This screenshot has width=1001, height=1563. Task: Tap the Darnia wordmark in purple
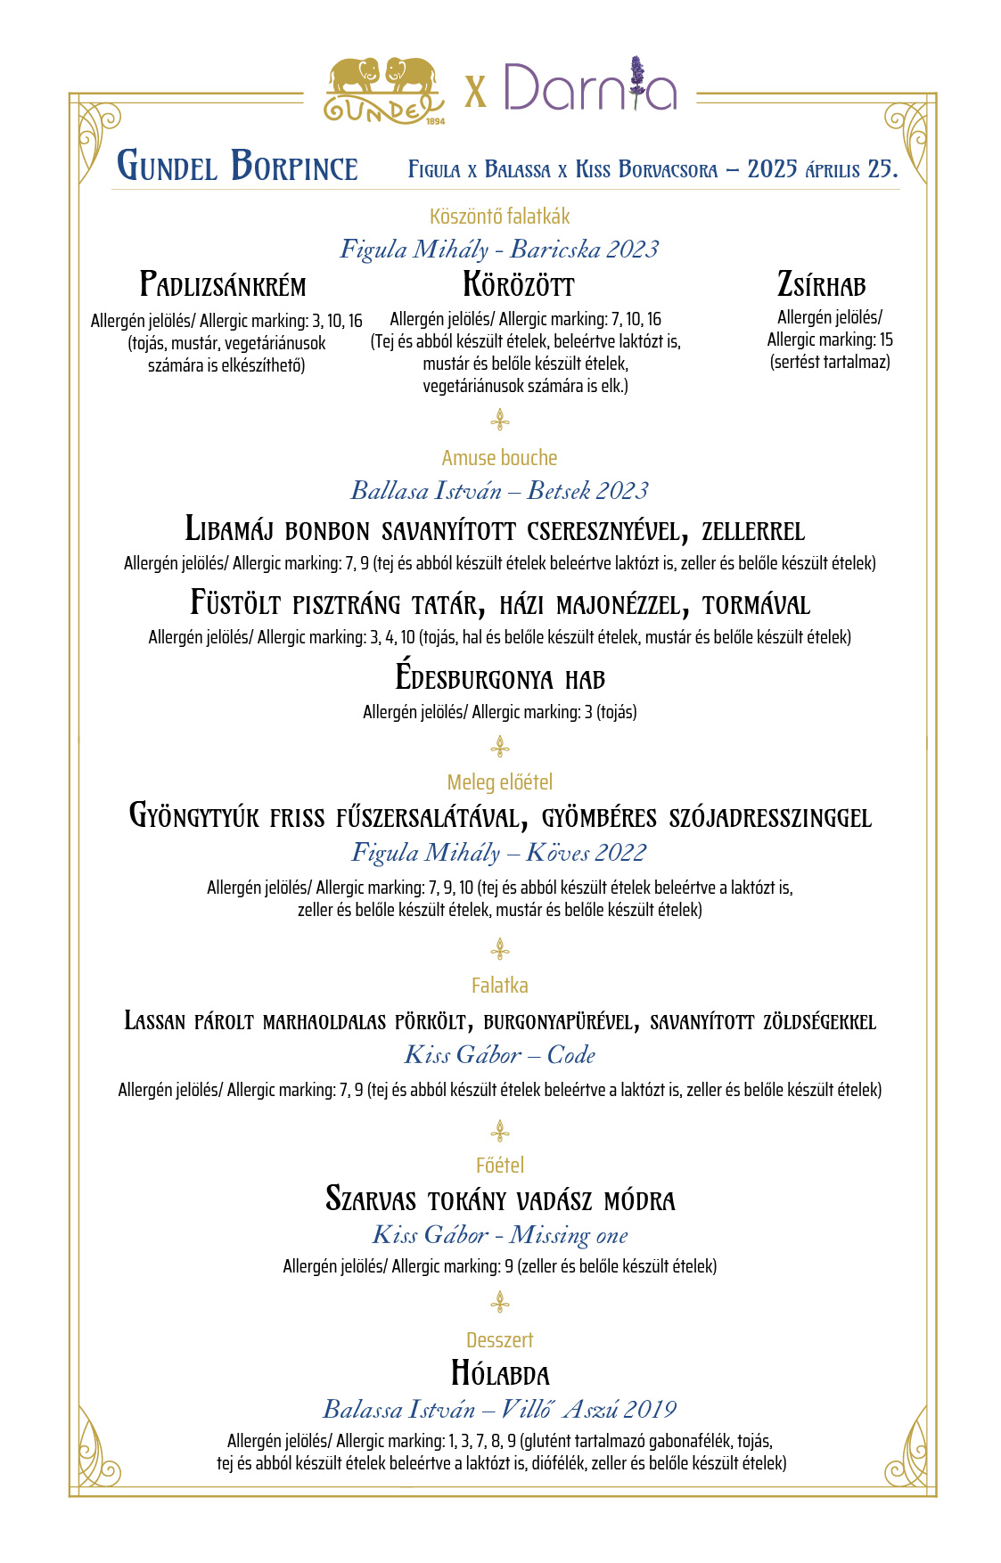(x=589, y=87)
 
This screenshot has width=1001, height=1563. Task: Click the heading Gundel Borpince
(x=237, y=167)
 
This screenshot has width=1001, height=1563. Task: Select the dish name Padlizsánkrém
(x=223, y=285)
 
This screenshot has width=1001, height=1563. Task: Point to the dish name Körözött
(x=518, y=285)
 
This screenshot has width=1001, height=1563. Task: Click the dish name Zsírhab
(x=821, y=285)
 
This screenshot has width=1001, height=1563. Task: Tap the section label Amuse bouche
(x=499, y=458)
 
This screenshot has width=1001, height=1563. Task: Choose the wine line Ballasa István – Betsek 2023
(x=499, y=490)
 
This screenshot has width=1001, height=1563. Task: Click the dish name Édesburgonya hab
(x=500, y=678)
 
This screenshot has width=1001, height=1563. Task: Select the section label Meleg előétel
(x=499, y=782)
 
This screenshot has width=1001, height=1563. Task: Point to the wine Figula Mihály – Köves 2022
(x=499, y=853)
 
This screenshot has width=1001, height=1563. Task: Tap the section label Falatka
(x=499, y=986)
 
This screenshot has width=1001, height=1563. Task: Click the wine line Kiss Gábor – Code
(x=499, y=1055)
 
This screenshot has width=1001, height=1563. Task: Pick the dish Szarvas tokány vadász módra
(x=500, y=1199)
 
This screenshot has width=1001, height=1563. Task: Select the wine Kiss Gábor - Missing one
(x=500, y=1235)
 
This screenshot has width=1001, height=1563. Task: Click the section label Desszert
(x=499, y=1340)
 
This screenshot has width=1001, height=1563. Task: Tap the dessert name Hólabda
(x=500, y=1374)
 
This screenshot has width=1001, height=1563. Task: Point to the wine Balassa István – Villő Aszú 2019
(x=499, y=1409)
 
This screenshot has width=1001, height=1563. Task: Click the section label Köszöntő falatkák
(x=499, y=217)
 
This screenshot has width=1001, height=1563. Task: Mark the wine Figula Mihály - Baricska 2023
(x=499, y=250)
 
